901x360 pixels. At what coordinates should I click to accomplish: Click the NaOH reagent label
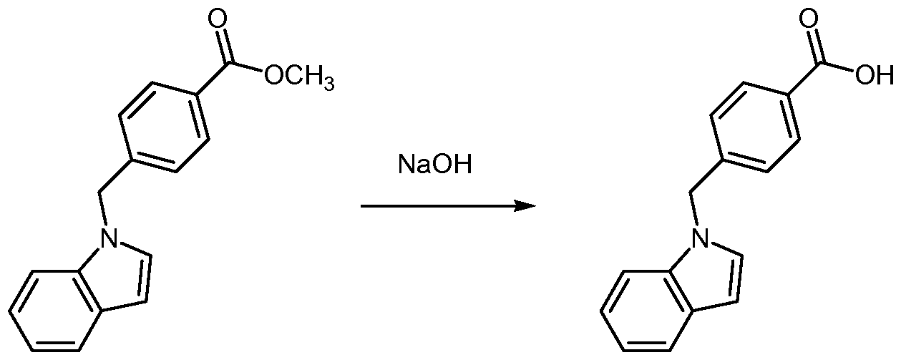click(435, 165)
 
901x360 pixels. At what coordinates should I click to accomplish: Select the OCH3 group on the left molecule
click(299, 77)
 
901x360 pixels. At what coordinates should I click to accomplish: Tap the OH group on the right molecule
click(875, 75)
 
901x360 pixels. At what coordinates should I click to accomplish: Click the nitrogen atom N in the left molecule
click(109, 238)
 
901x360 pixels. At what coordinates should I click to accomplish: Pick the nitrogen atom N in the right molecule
click(700, 238)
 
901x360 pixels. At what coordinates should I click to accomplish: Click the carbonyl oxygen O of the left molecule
click(218, 19)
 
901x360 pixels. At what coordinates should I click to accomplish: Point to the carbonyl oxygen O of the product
click(809, 19)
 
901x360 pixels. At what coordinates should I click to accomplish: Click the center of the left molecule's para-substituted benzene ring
click(164, 128)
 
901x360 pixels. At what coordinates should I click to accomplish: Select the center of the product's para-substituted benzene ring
click(755, 128)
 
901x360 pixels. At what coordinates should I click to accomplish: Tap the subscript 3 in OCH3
click(329, 84)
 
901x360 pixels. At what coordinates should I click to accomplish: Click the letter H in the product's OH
click(884, 75)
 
